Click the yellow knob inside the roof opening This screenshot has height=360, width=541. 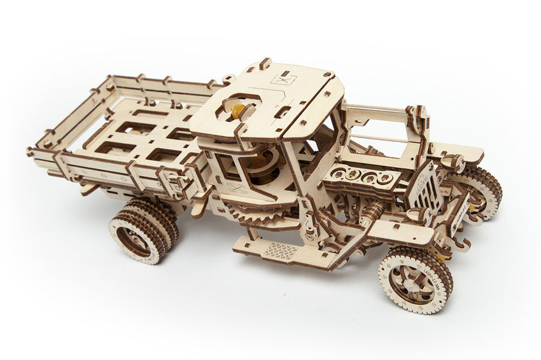[x=237, y=112]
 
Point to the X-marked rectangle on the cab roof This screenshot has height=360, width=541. [x=283, y=79]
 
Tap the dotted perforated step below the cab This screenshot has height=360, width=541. [x=280, y=251]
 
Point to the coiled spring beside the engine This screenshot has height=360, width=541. [x=372, y=211]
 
